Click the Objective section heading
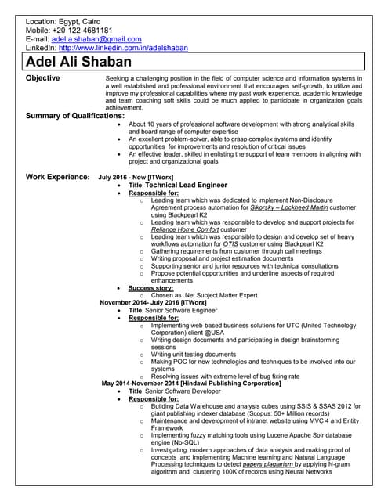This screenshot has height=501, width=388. pyautogui.click(x=48, y=78)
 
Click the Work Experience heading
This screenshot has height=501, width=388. pyautogui.click(x=57, y=177)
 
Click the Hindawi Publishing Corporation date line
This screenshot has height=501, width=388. pyautogui.click(x=191, y=384)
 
